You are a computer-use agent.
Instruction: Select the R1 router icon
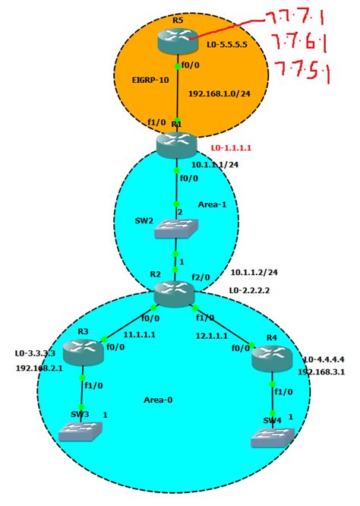click(176, 144)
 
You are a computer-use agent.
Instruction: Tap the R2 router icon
click(175, 293)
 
